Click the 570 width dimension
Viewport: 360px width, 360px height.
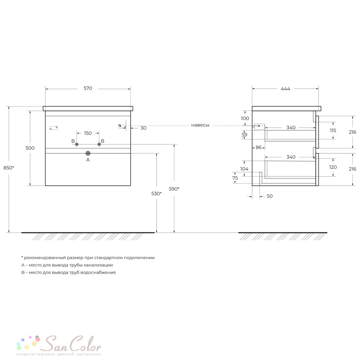coord(88,89)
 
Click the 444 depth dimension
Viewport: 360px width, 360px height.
coord(285,89)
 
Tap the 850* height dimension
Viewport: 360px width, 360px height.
coord(9,168)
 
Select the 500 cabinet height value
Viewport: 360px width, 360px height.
coord(30,148)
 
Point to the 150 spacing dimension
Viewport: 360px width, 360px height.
coord(88,133)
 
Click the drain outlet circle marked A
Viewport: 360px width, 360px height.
coord(88,153)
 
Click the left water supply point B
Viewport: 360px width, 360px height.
coord(77,144)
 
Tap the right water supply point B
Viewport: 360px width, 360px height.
coord(99,144)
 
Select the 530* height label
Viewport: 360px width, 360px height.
coord(156,194)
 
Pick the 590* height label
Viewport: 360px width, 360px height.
coord(174,189)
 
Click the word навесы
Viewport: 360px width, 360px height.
coord(200,125)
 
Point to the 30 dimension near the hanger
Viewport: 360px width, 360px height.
coord(143,128)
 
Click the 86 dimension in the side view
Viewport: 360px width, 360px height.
coord(258,147)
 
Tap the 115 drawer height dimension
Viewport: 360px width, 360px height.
coord(333,130)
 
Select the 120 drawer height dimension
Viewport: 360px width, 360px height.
coord(333,167)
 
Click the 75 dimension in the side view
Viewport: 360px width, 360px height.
coord(235,178)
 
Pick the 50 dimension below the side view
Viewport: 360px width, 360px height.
coord(270,196)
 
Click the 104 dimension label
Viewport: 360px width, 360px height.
coord(244,169)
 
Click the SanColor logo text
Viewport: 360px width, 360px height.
coord(72,344)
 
